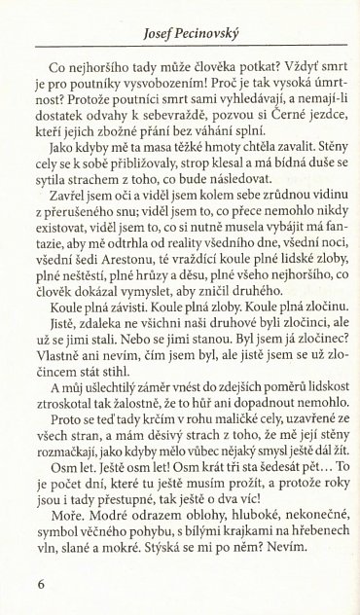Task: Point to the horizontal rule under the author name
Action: [181, 36]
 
